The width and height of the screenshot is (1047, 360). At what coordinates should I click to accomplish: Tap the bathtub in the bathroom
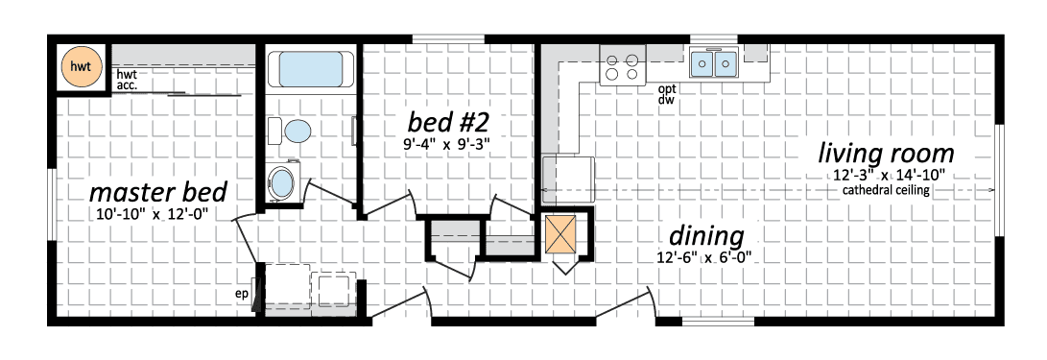click(x=311, y=69)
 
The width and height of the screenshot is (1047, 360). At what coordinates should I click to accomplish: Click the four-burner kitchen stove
click(x=622, y=64)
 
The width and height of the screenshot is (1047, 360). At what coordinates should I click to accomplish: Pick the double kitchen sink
click(x=714, y=63)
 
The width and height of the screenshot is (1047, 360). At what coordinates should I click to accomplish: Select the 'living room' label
click(x=886, y=154)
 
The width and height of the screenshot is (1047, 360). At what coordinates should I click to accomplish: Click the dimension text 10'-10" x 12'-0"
click(x=154, y=215)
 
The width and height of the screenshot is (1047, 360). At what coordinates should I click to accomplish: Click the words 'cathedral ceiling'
click(x=886, y=190)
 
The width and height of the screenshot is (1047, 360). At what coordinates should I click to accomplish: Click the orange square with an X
click(x=559, y=234)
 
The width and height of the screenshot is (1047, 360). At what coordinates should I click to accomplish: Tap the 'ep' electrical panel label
click(x=242, y=293)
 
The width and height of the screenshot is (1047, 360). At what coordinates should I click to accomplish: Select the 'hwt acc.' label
click(x=128, y=79)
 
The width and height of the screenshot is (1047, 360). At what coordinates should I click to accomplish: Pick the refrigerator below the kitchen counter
click(x=567, y=180)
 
